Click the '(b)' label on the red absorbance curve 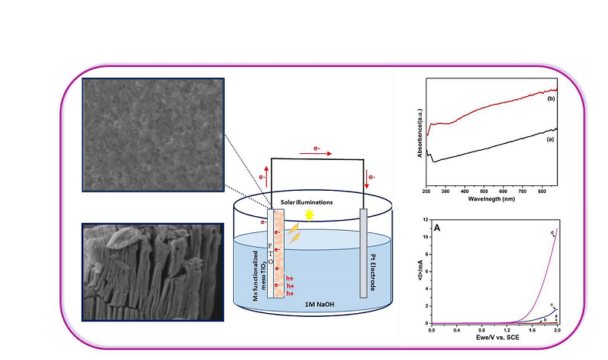tap(551, 99)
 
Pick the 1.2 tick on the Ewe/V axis tap(506, 329)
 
